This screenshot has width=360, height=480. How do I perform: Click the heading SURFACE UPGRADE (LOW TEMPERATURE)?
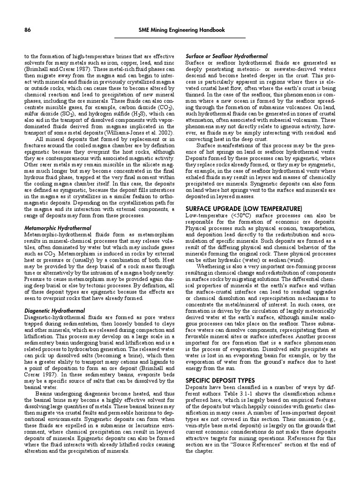[x=244, y=208]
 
